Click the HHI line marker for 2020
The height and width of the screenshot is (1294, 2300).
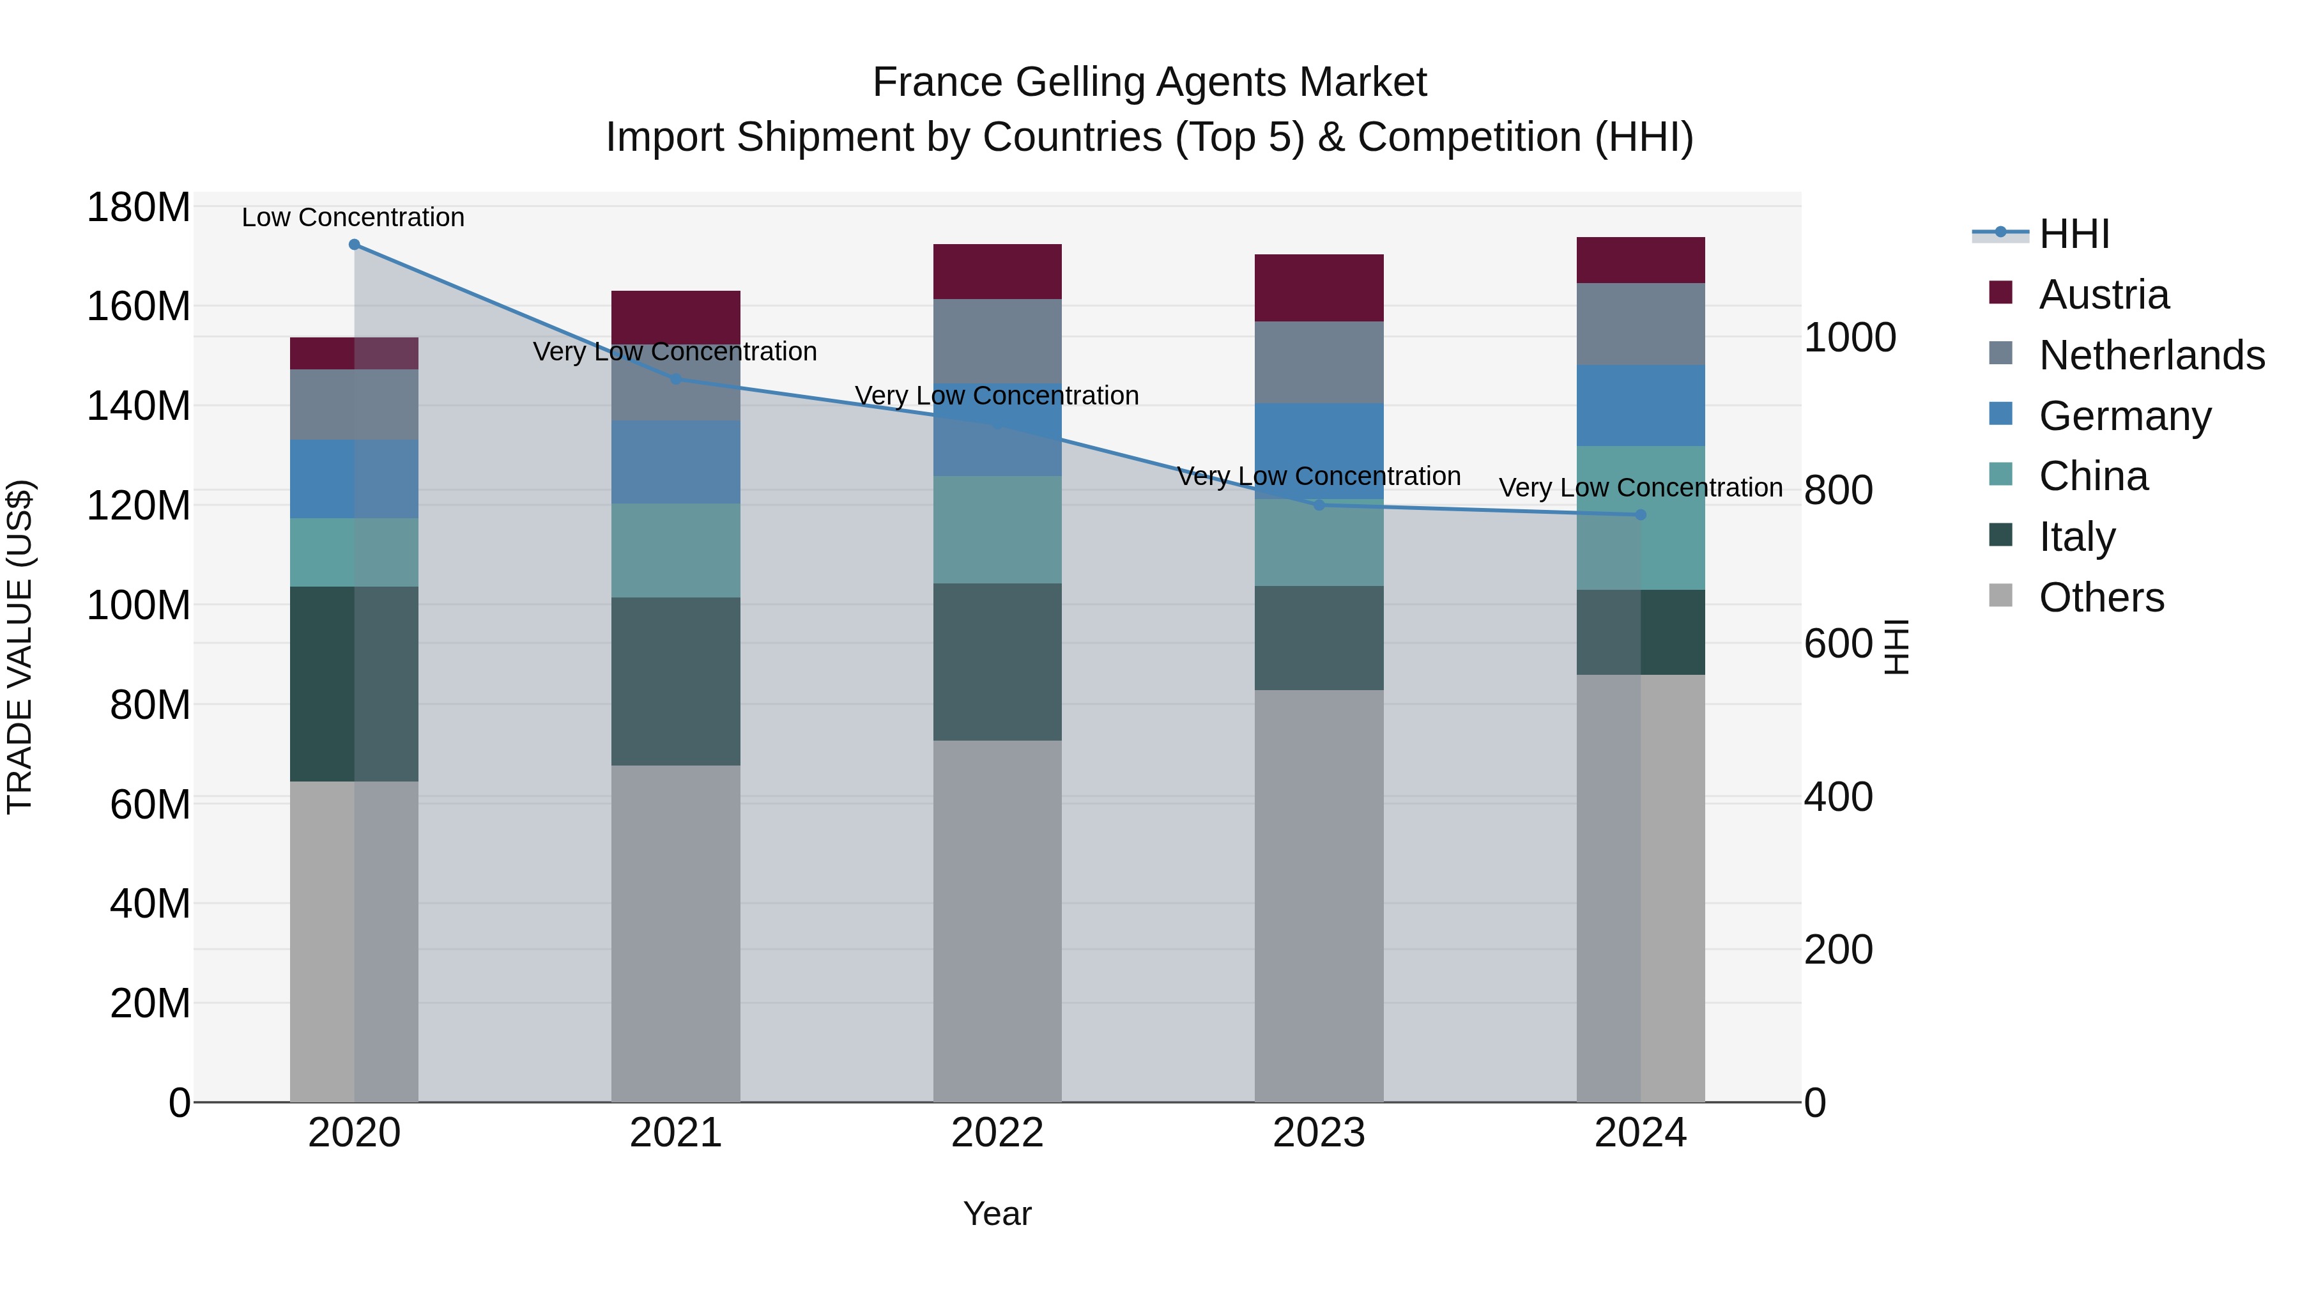click(x=355, y=245)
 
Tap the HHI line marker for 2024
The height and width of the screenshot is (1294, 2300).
click(x=1640, y=515)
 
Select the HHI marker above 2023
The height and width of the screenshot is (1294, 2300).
click(x=1319, y=505)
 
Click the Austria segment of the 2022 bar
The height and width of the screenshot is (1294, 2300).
click(x=997, y=272)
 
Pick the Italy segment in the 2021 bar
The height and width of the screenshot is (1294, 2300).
click(x=676, y=681)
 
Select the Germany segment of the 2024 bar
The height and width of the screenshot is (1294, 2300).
click(x=1640, y=405)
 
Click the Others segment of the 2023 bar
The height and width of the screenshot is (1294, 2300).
click(x=1319, y=896)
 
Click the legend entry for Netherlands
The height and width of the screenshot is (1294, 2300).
click(x=2151, y=355)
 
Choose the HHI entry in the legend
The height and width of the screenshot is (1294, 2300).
click(x=2074, y=234)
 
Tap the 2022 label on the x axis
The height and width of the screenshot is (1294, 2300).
click(x=997, y=1133)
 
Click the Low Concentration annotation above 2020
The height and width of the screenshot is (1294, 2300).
click(x=353, y=217)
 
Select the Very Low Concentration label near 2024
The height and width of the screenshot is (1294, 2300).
click(x=1640, y=488)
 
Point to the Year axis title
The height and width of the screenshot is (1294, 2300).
click(x=997, y=1213)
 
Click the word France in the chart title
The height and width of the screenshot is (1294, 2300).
click(x=937, y=82)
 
